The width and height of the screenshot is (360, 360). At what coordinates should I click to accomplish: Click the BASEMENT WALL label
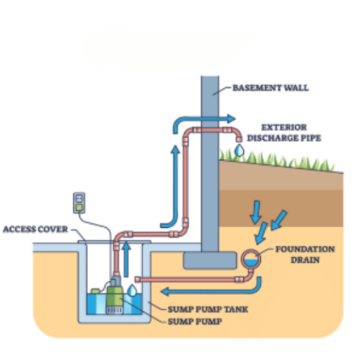click(x=271, y=88)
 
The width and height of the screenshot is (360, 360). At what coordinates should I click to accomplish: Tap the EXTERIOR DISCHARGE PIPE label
click(x=284, y=133)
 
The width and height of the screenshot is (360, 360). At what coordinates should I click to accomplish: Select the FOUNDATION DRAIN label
click(x=305, y=255)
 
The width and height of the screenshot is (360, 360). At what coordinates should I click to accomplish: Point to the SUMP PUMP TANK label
click(x=208, y=309)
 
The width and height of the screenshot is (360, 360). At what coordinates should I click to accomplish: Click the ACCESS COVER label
click(x=35, y=229)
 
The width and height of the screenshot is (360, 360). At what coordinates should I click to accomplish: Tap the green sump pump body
click(x=115, y=297)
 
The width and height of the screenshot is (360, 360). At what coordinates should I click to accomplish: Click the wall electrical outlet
click(x=79, y=202)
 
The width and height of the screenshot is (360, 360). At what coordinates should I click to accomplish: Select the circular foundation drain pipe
click(x=251, y=259)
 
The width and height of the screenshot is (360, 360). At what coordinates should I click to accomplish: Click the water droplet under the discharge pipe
click(x=239, y=150)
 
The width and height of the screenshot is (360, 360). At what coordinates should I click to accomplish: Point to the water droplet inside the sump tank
click(x=132, y=290)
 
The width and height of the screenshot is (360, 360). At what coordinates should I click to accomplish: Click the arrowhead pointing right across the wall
click(x=231, y=119)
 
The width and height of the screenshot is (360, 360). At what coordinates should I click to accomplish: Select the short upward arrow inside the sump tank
click(x=127, y=259)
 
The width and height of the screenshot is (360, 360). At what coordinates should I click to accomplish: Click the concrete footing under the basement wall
click(x=210, y=260)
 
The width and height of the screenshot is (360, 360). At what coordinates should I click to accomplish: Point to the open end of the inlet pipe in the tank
click(x=138, y=279)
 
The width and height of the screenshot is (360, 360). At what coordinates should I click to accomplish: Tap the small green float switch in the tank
click(x=96, y=291)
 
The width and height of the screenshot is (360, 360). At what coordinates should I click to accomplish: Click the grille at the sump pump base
click(x=115, y=310)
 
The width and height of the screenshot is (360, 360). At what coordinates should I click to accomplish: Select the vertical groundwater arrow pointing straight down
click(x=256, y=212)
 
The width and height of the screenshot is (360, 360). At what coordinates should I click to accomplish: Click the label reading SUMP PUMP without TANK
click(x=195, y=321)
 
